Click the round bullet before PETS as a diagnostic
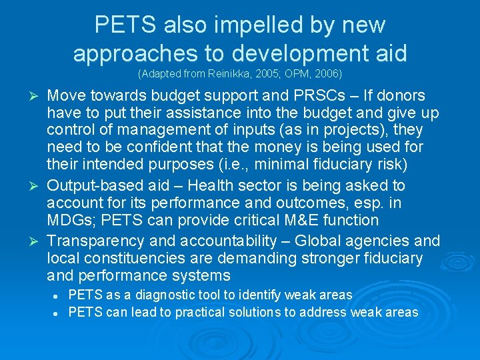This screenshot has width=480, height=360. click(x=59, y=295)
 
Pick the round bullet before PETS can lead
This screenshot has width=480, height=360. click(x=59, y=312)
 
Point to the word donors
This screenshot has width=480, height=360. click(x=401, y=95)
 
